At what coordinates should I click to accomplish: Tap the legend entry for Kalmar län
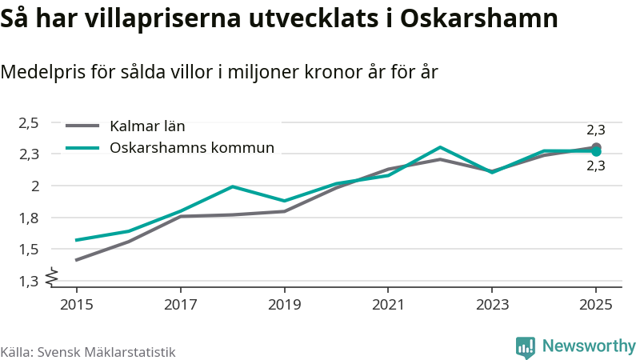pos(147,126)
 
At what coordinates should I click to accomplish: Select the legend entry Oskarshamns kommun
pos(192,148)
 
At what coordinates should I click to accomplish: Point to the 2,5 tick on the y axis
pos(29,122)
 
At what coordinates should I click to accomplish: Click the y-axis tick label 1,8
pos(29,218)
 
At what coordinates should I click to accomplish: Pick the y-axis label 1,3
pos(29,282)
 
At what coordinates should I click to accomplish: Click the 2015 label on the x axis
pos(77,305)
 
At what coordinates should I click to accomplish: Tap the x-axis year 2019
pos(284,305)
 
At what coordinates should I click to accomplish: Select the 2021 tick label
pos(388,305)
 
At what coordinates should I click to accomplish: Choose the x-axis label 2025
pos(596,305)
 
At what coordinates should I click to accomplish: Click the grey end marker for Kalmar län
pos(596,147)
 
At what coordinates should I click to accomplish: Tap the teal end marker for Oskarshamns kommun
pos(596,151)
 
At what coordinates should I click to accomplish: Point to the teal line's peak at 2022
pos(440,147)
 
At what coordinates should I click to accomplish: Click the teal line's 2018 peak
pos(232,186)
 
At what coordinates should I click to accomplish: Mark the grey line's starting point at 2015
pos(77,260)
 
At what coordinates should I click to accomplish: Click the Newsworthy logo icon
pos(526,346)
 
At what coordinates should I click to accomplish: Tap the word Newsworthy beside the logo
pos(589,346)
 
